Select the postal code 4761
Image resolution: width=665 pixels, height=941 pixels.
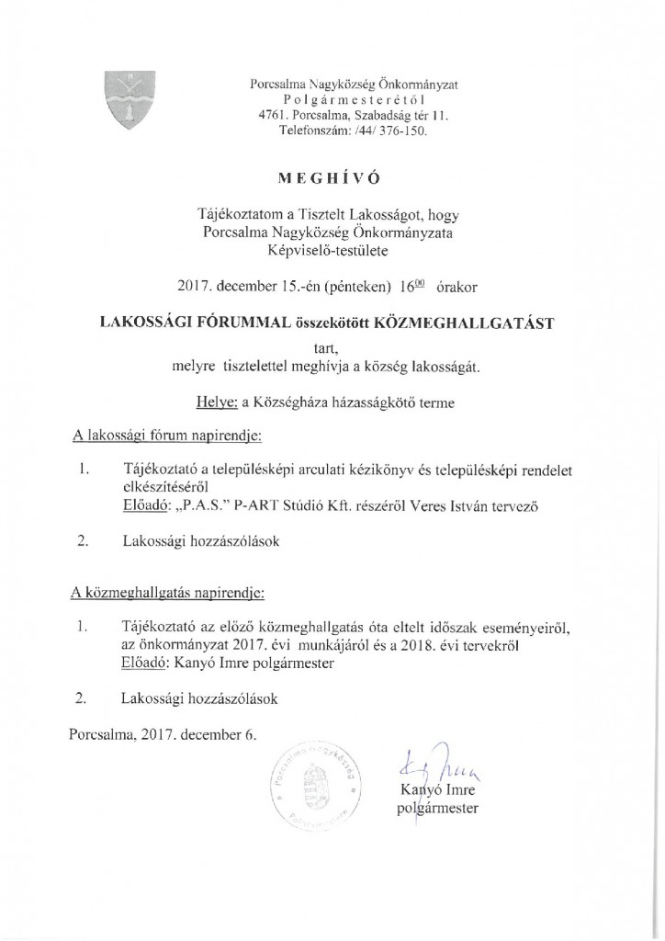pyautogui.click(x=274, y=116)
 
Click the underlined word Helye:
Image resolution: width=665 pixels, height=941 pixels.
pyautogui.click(x=218, y=402)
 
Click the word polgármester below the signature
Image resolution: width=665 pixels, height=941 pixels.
pyautogui.click(x=437, y=810)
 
